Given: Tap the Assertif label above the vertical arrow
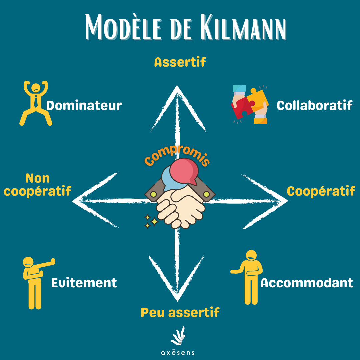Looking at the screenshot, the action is [180, 62].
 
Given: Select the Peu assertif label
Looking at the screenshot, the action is [180, 312].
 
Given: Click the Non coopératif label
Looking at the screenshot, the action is [38, 185].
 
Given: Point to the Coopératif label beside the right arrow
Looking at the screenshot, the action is [321, 191].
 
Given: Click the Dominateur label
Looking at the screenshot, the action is [84, 106].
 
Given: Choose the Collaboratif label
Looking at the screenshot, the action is [314, 105].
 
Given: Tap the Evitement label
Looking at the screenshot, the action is [84, 283].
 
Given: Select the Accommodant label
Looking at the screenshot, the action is [306, 283].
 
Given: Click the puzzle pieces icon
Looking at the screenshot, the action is [249, 104].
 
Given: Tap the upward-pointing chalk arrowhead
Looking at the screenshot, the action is [176, 100].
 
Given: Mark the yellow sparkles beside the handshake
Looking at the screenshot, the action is [151, 221].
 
